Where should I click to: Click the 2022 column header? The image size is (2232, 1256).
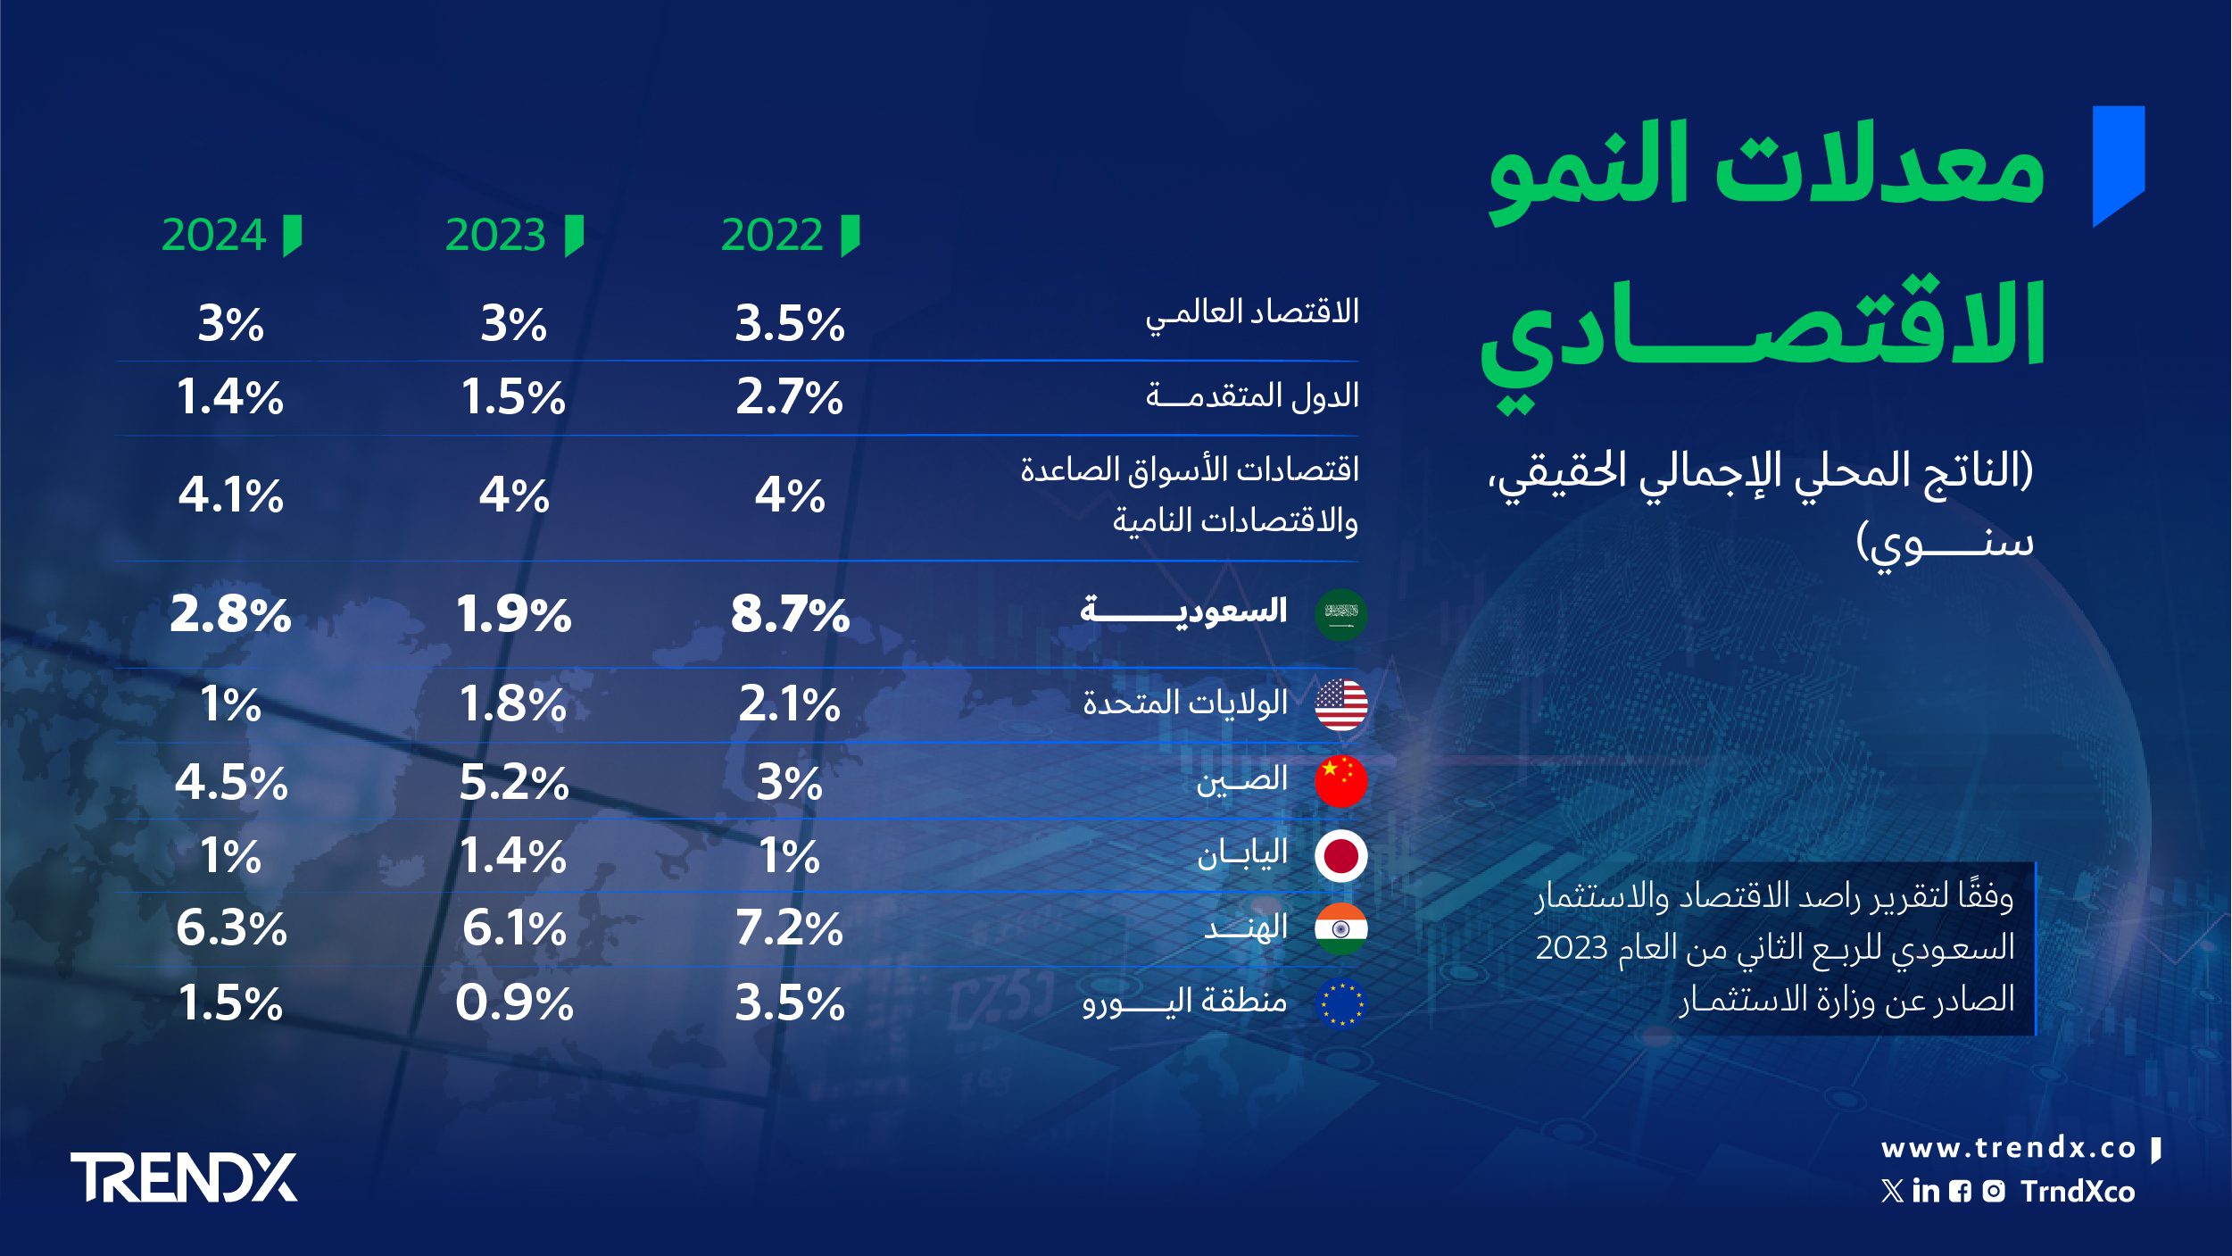[772, 236]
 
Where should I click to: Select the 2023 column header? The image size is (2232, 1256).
[495, 236]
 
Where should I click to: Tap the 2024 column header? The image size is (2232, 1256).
[214, 236]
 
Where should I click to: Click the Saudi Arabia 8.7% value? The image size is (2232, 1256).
[790, 614]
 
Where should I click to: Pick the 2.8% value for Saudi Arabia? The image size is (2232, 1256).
[231, 614]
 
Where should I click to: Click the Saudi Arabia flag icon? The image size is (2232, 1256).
[1340, 614]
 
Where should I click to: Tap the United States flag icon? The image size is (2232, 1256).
[1340, 704]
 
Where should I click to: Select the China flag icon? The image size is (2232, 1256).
[1340, 781]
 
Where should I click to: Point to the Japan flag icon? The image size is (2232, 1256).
[1340, 856]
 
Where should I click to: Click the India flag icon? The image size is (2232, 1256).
[1340, 928]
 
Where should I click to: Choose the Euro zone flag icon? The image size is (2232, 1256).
[1340, 1002]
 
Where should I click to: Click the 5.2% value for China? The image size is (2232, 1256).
[514, 783]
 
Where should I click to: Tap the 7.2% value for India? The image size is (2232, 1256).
[790, 928]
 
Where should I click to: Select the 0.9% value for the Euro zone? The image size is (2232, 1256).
[514, 1002]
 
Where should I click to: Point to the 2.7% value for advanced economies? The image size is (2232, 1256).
[790, 397]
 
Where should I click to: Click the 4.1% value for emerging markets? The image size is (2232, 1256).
[231, 495]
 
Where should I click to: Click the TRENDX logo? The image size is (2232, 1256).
[184, 1177]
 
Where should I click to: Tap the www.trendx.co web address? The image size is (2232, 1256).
[2008, 1148]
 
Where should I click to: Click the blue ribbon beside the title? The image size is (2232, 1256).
[2119, 165]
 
